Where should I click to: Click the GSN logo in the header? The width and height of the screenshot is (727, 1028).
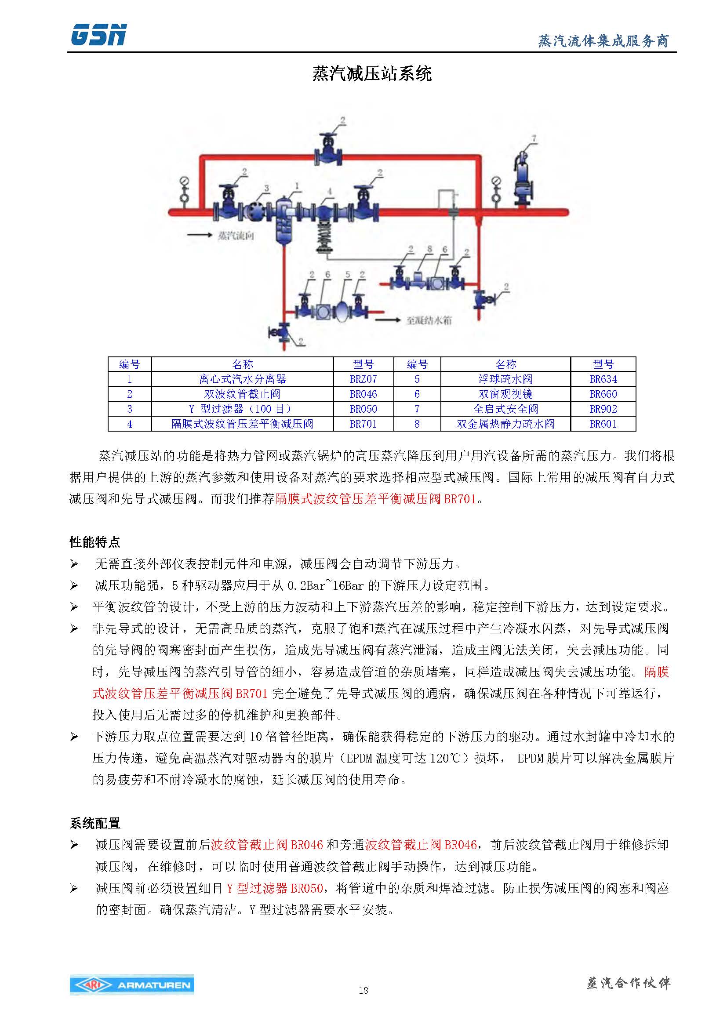coord(98,35)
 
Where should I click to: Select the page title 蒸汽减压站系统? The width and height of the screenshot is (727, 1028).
coord(371,73)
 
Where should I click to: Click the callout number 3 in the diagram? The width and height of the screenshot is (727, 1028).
coord(266,189)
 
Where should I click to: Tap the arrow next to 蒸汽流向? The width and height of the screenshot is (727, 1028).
coord(200,235)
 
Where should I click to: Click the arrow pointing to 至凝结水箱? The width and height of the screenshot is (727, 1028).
coord(387,320)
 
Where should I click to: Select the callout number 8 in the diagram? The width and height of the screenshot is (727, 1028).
coord(429,249)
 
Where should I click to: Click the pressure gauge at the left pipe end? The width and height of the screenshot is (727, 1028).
coord(184,190)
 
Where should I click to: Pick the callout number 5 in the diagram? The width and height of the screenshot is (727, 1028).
coord(347,274)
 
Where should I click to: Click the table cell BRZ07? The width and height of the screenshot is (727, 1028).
coord(363,379)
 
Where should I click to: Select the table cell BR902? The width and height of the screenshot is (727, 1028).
coord(603,409)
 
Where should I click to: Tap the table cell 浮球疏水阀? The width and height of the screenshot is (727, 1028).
coord(505,379)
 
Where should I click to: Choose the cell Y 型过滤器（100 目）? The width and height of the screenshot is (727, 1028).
coord(242,409)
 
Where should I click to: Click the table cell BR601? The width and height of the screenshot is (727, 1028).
coord(603,424)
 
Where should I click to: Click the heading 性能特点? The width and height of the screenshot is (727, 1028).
coord(95,542)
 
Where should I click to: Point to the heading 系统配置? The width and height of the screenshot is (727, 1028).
coord(95,823)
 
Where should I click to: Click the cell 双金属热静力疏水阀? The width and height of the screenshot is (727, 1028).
coord(505,424)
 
